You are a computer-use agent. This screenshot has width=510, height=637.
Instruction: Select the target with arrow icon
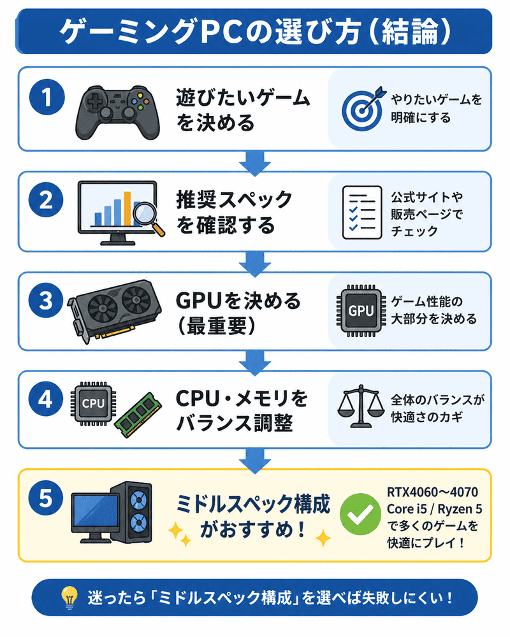tap(361, 106)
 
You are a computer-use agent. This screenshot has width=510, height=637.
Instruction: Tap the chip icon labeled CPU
tap(92, 403)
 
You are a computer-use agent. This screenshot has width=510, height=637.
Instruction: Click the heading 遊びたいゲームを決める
tap(242, 109)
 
